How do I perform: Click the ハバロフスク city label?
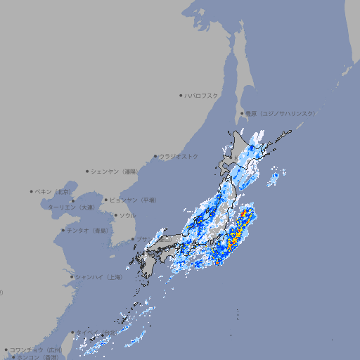coord(202,95)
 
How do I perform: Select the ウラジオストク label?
coord(179,156)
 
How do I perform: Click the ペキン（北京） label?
coord(54,191)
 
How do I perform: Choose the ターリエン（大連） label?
coord(71,207)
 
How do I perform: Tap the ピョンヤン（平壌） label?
coord(134,200)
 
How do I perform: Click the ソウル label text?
coord(127,215)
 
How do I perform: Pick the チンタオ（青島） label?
coord(87,230)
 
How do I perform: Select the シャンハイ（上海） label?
coord(99,277)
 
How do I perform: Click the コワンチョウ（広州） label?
coord(36,349)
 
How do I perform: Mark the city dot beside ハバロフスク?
coord(181,95)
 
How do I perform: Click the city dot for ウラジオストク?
coord(155,156)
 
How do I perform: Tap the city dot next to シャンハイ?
coord(72,277)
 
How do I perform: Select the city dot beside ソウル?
coord(114,215)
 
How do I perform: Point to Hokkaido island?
coord(246,151)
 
